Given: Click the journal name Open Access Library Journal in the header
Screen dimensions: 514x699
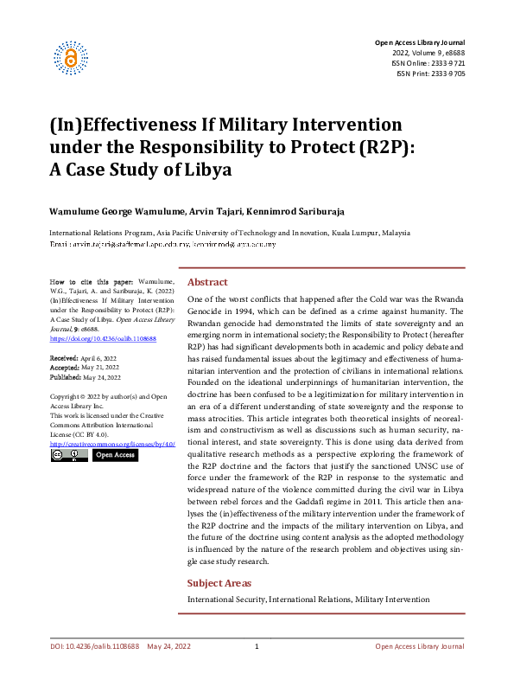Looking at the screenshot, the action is pyautogui.click(x=419, y=42).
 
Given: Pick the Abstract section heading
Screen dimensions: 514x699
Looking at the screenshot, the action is pyautogui.click(x=207, y=282).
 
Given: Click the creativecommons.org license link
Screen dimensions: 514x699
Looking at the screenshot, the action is pyautogui.click(x=112, y=444).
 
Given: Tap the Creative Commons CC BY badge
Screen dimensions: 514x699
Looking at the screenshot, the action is pyautogui.click(x=69, y=455).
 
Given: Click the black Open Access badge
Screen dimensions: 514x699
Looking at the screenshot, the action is pyautogui.click(x=114, y=455).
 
